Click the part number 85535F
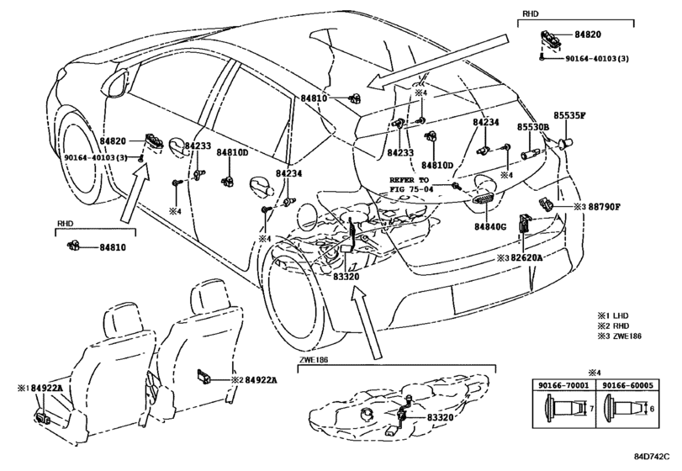coord(569,116)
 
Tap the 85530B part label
coord(533,127)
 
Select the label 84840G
coord(490,226)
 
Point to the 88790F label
coord(604,207)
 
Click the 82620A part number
coord(526,258)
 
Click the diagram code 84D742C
coord(651,456)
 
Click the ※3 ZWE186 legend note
coord(619,336)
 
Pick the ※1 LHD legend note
coord(612,315)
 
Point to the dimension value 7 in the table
coord(591,409)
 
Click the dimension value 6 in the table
coord(651,409)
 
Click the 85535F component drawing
coord(566,142)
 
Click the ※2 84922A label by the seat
coord(255,380)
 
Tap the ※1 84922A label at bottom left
coord(40,388)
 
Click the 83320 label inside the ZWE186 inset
coord(440,417)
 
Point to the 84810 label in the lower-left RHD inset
coord(113,247)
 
